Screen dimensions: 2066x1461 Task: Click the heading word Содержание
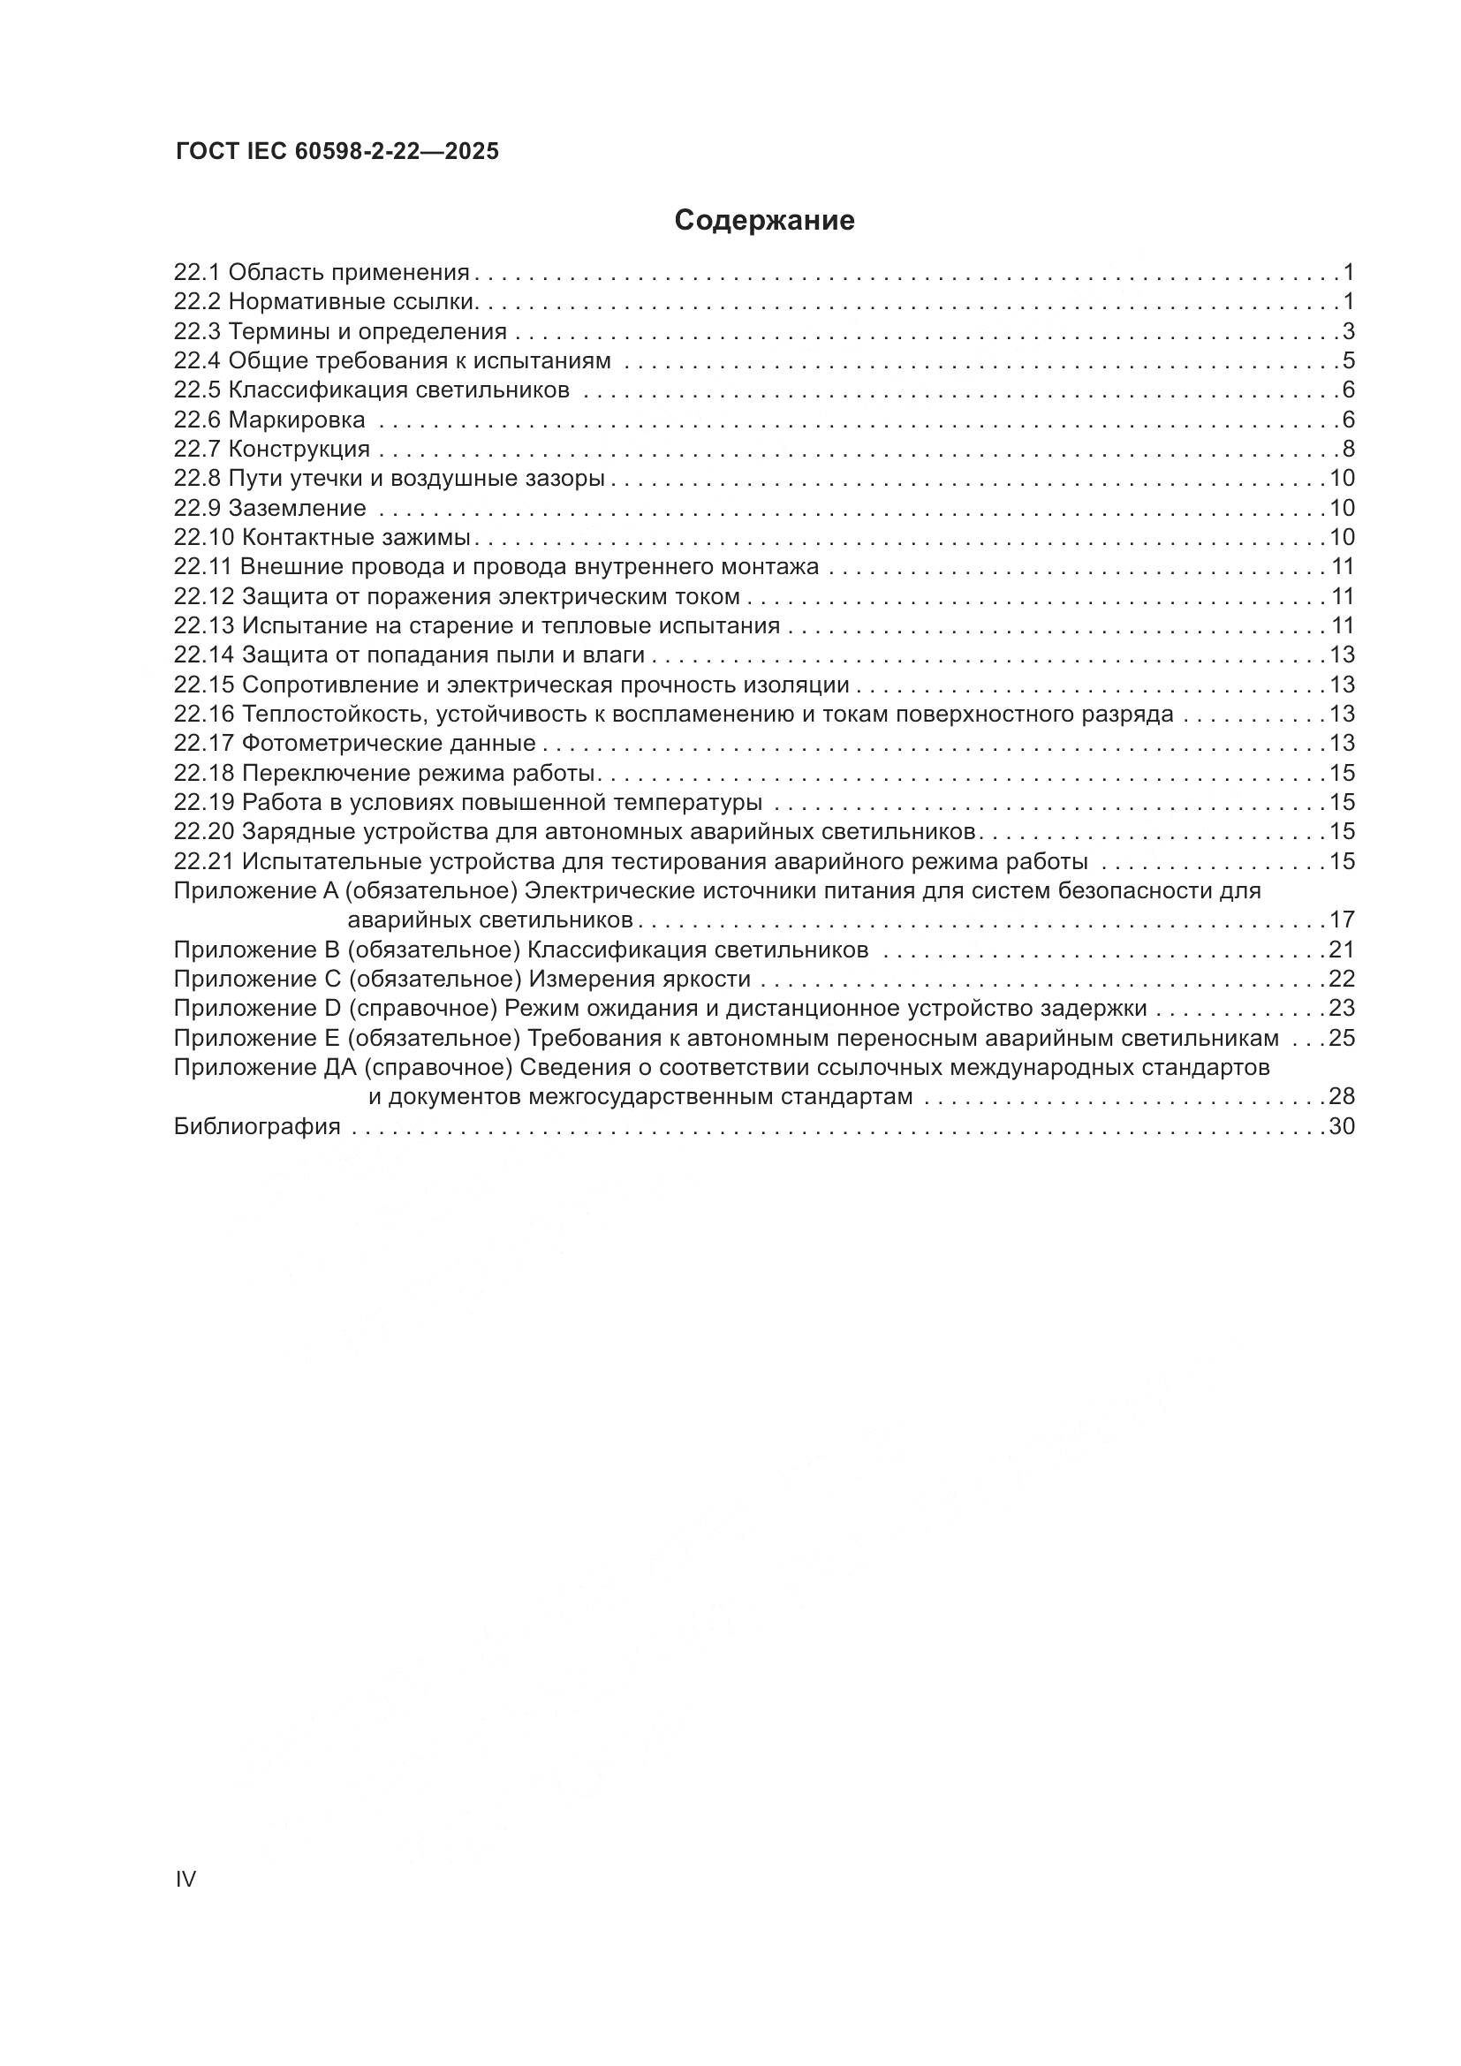pos(764,221)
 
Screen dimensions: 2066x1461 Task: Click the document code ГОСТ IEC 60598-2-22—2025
pos(337,152)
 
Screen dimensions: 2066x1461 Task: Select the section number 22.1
pos(197,272)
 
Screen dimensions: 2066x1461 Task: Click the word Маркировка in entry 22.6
pos(297,420)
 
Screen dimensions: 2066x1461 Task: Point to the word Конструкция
pos(299,449)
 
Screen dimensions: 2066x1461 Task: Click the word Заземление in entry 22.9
pos(298,509)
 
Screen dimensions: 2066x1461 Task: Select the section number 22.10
pos(204,538)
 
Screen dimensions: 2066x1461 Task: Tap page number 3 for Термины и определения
pos(1349,331)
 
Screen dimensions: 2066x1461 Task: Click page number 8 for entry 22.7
pos(1349,449)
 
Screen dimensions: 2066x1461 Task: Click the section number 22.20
pos(204,831)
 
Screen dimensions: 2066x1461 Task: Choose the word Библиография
pos(257,1126)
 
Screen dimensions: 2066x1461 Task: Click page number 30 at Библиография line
pos(1342,1126)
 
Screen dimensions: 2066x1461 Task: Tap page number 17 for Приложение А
pos(1342,920)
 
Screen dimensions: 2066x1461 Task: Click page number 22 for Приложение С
pos(1342,979)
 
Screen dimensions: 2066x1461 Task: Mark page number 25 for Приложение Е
pos(1342,1039)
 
